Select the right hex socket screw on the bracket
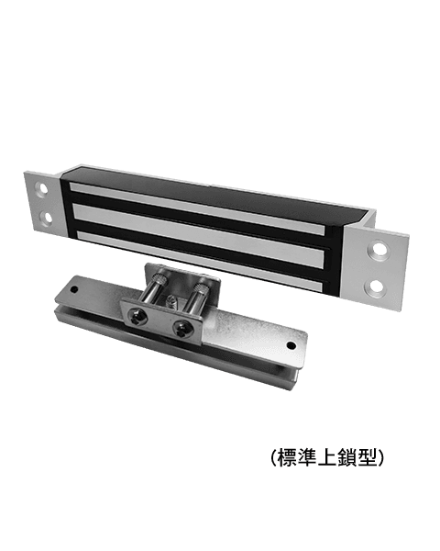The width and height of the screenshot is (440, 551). coord(184,326)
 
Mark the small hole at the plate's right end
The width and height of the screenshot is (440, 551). coord(292,345)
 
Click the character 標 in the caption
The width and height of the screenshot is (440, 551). coord(287,458)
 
